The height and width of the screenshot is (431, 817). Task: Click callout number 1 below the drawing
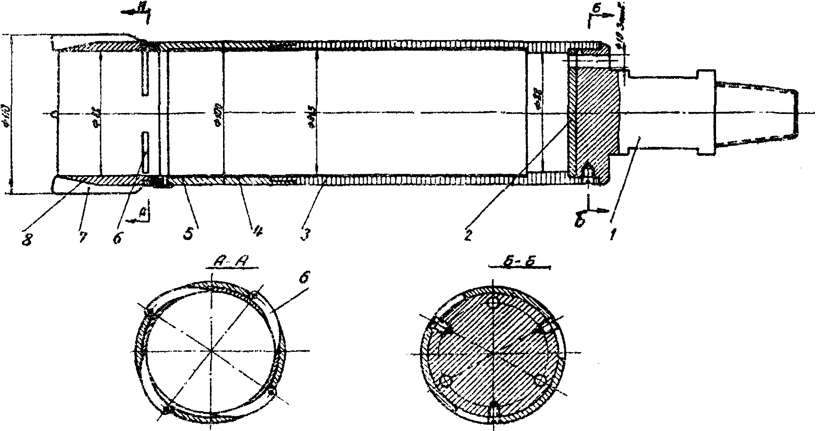(x=614, y=235)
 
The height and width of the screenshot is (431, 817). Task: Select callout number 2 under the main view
(x=468, y=235)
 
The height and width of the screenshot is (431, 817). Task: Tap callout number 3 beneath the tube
(x=305, y=235)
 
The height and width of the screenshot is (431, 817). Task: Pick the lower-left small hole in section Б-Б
(x=445, y=381)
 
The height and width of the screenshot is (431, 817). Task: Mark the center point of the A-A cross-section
(x=212, y=351)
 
